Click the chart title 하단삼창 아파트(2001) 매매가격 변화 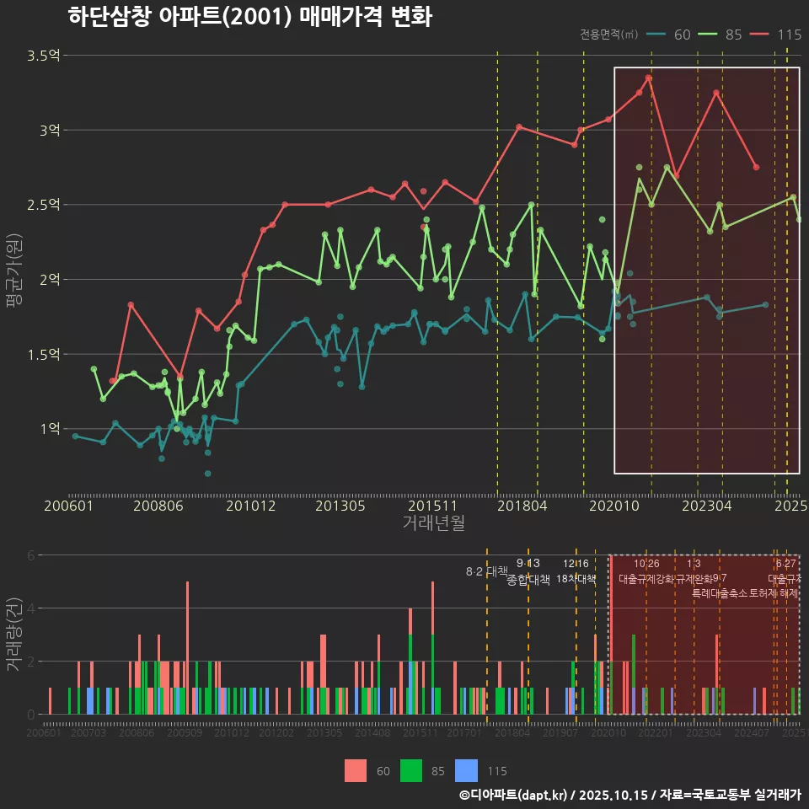[249, 17]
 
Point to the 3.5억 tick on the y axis [44, 56]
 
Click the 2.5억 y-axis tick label [44, 205]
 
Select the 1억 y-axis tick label [49, 429]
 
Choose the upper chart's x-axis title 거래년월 [433, 523]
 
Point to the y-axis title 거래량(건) [15, 635]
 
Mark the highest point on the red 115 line [648, 78]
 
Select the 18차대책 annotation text [576, 579]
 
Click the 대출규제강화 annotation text [646, 579]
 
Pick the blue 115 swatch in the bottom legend [466, 771]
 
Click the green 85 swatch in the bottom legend [411, 771]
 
